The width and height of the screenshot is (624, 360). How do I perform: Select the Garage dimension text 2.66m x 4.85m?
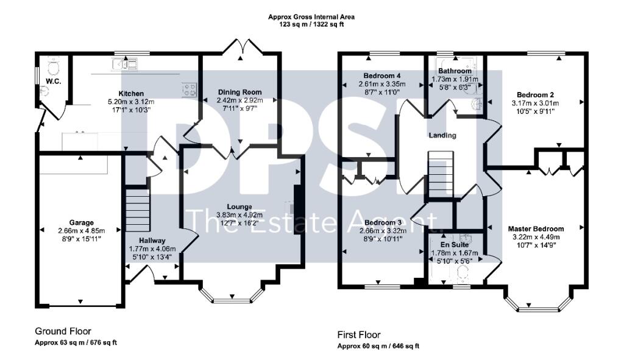[x=81, y=231]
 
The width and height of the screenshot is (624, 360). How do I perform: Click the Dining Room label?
[x=239, y=92]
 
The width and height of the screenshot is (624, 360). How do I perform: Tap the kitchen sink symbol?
[x=125, y=63]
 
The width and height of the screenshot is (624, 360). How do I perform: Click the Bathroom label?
[x=454, y=71]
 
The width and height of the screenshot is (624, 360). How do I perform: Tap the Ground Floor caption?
[x=63, y=331]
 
